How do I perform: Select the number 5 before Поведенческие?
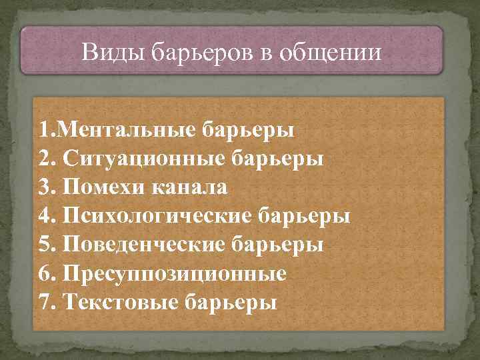click(45, 245)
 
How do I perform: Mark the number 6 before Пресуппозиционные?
click(45, 274)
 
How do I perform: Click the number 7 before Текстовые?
click(45, 303)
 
